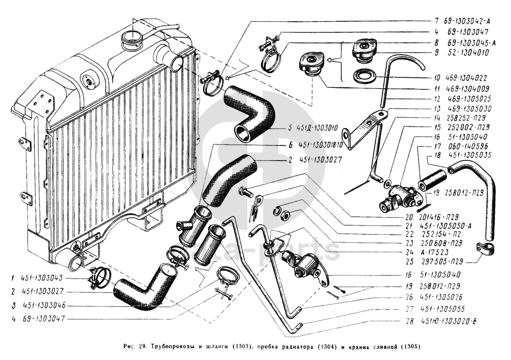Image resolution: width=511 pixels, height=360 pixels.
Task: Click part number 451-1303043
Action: pyautogui.click(x=42, y=278)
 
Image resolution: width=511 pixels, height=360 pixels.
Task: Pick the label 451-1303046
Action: pyautogui.click(x=42, y=305)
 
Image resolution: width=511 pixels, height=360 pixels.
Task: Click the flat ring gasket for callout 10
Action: pyautogui.click(x=364, y=77)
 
